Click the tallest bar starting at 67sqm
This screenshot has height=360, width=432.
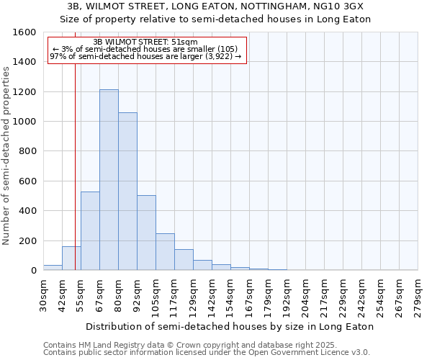(x=109, y=180)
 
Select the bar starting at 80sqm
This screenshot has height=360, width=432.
(x=127, y=192)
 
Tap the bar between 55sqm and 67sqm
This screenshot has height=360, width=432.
(x=90, y=231)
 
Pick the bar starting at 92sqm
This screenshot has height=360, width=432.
(x=146, y=233)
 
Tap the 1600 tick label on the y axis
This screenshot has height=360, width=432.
(x=24, y=32)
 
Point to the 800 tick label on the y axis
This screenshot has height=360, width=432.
(x=27, y=151)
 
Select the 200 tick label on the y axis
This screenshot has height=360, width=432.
(x=27, y=240)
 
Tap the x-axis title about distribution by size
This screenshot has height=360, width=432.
(x=230, y=326)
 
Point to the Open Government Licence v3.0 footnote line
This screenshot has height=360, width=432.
(x=207, y=353)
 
